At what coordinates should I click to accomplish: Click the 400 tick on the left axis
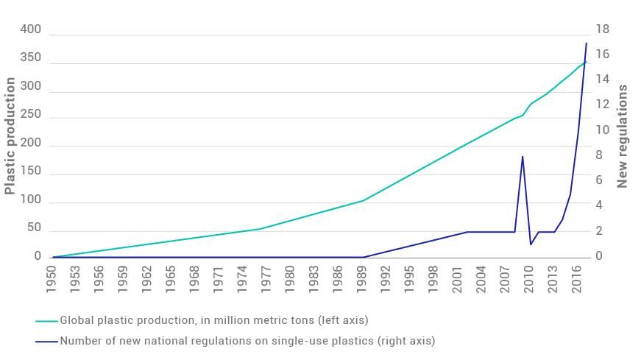click(x=32, y=29)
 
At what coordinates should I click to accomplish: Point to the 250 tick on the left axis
click(x=32, y=116)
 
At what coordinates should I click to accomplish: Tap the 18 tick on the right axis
click(x=603, y=29)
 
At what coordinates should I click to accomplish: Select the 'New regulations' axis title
click(x=623, y=136)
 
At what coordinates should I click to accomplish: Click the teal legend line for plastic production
click(x=46, y=321)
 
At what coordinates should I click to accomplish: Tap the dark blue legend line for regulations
click(x=46, y=342)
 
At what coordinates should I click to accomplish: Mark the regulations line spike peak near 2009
click(x=523, y=156)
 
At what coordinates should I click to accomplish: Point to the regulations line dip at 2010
click(x=531, y=244)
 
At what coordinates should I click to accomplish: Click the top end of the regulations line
click(x=587, y=43)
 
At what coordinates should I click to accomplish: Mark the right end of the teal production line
click(x=587, y=62)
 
